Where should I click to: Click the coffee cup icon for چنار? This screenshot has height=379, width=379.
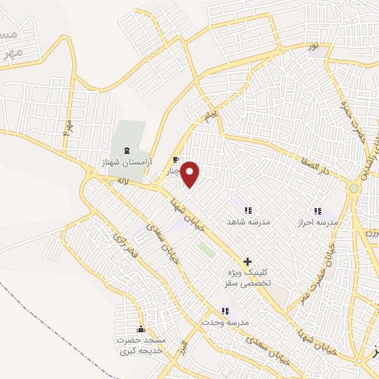[x=175, y=159]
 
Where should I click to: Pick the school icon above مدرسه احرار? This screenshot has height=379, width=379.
[x=317, y=211]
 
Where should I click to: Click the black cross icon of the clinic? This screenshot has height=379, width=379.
[x=247, y=261]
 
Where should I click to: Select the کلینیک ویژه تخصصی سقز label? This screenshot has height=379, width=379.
[x=247, y=278]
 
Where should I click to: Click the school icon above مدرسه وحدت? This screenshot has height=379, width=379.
[x=225, y=312]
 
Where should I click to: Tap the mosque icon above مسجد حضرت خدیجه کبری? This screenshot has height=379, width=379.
[x=141, y=329]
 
